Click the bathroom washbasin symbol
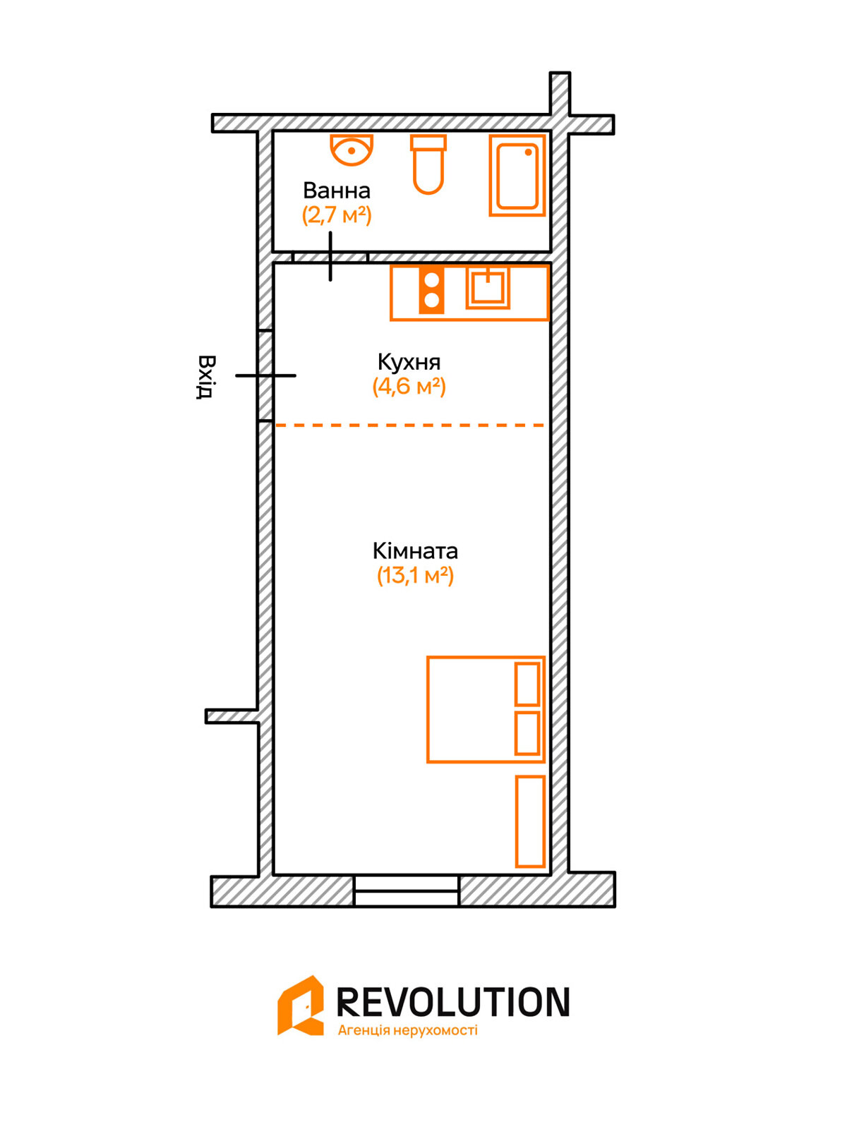click(352, 150)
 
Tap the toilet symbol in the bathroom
click(428, 164)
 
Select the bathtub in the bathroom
click(517, 176)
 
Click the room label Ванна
click(337, 191)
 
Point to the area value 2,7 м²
click(337, 215)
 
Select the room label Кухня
click(409, 362)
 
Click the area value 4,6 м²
click(409, 386)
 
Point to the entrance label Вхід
click(205, 377)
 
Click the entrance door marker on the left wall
click(265, 375)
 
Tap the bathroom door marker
click(330, 256)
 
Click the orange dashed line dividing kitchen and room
click(410, 425)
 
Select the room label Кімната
click(415, 551)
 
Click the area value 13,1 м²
click(415, 575)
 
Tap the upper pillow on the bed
click(527, 684)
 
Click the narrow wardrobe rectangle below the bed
click(530, 821)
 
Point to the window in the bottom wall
click(407, 891)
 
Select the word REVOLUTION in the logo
click(453, 1001)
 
